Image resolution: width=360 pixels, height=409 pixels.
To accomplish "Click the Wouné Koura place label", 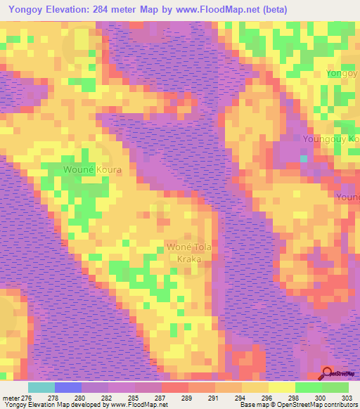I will click(93, 170).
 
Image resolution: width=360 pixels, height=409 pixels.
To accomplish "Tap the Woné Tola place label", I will click(188, 247).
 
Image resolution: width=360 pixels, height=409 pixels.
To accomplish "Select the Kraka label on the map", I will click(184, 259).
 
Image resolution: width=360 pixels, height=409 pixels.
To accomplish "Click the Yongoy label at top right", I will click(342, 73).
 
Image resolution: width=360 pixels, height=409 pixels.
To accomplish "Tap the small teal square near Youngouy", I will click(304, 159).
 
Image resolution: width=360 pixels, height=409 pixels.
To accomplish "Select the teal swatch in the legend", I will click(41, 387).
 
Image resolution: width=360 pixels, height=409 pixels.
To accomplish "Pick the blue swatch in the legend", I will click(68, 387).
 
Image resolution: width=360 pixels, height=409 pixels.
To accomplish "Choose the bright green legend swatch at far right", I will click(335, 387).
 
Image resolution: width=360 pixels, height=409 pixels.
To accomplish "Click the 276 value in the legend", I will click(27, 398).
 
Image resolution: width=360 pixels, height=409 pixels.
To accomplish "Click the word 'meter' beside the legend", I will click(11, 398).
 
